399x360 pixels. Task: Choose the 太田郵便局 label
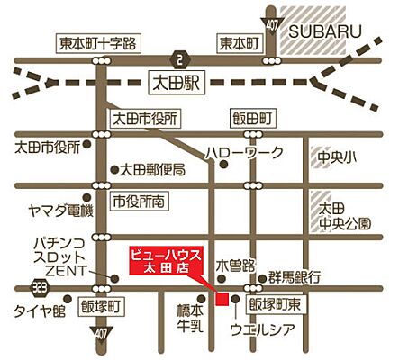pyautogui.click(x=153, y=169)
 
